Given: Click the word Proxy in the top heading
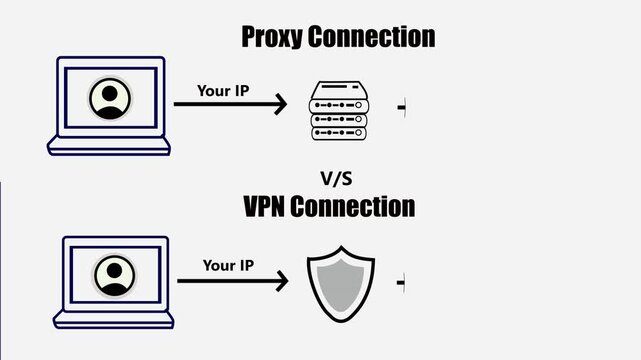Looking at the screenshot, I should pos(272,38).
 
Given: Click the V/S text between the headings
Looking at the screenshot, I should pos(337,179).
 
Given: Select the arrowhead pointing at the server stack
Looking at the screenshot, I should pos(281,103).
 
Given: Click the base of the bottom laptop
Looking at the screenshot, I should pos(113,320).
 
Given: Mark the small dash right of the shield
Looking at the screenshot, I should pos(402,283).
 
